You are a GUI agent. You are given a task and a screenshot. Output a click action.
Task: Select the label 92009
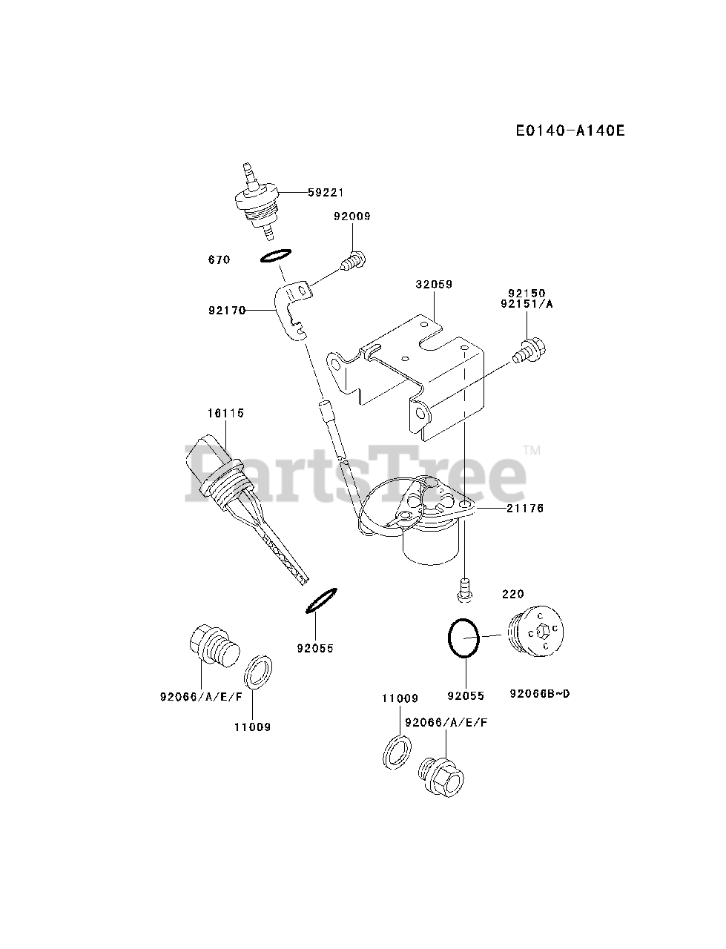click(x=352, y=216)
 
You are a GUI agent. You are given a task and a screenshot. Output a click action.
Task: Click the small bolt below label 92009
click(x=353, y=260)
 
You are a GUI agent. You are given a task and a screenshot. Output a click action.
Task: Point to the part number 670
click(x=219, y=260)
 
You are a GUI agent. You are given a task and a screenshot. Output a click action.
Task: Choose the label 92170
click(x=227, y=311)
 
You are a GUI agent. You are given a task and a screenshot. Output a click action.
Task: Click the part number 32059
click(x=434, y=284)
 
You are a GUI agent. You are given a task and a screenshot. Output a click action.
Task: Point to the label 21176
click(x=526, y=508)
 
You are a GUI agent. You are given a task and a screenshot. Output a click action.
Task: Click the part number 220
click(x=512, y=594)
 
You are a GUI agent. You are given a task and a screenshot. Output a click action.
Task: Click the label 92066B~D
click(x=540, y=694)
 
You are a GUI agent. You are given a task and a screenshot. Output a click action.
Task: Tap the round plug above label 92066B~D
click(x=538, y=635)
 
